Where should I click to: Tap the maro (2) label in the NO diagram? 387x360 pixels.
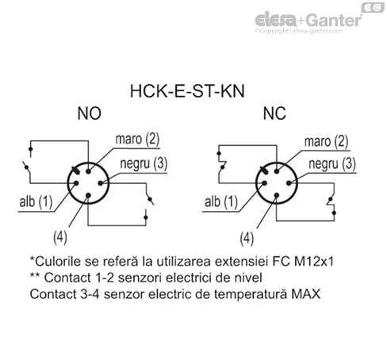coord(137,140)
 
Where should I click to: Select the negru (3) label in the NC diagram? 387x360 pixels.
coord(331,165)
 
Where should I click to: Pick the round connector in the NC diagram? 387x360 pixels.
coord(272,186)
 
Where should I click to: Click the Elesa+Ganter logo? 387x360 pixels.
coord(310,18)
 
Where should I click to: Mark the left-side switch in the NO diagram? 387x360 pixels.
coord(29,167)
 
